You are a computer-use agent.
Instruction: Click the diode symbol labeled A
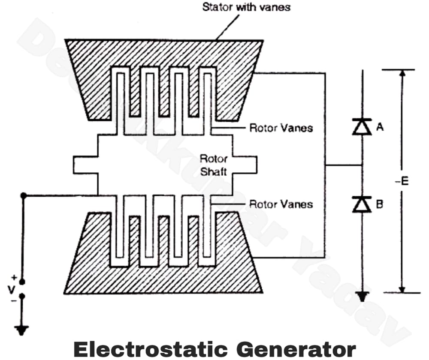tap(362, 127)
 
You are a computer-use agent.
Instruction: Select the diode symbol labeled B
tap(362, 204)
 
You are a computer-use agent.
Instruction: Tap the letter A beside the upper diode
tap(380, 127)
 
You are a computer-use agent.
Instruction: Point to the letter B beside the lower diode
tap(379, 204)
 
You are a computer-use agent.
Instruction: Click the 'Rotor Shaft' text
tap(213, 165)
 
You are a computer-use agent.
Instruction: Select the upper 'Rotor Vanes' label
tap(281, 128)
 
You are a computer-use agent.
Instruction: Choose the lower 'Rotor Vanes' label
tap(281, 204)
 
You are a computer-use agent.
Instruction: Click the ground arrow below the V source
tap(21, 330)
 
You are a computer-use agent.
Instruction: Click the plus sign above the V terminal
tap(15, 277)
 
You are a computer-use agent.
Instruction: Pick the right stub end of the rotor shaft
tap(251, 165)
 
